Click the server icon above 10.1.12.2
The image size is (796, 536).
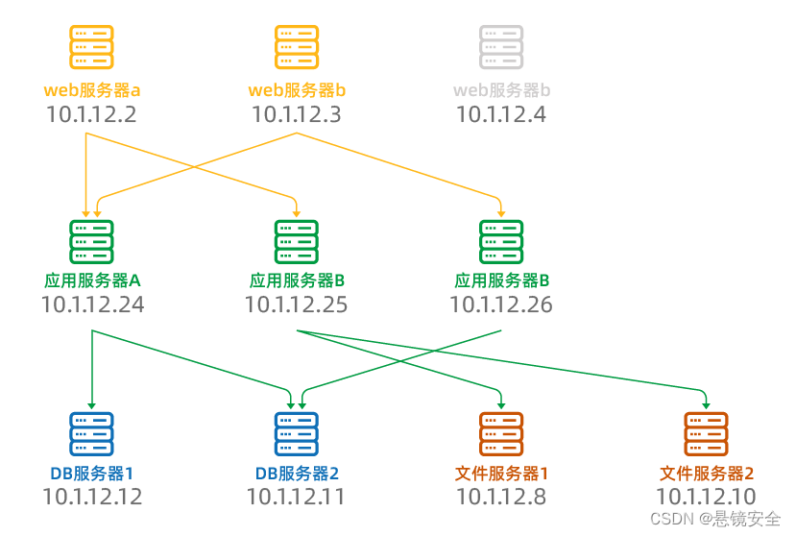91,47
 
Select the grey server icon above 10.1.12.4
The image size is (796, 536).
501,47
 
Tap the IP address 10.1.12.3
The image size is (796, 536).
296,114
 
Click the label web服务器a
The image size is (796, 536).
91,91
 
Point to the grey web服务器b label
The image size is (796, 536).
501,91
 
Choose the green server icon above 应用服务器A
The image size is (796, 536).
91,242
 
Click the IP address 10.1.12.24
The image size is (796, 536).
92,305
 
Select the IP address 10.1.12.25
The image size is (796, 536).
296,305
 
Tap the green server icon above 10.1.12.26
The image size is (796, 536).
501,242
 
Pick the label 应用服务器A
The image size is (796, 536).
92,281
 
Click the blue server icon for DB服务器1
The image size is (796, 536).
91,434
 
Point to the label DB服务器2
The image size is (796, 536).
296,474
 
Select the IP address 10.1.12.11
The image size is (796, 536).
296,497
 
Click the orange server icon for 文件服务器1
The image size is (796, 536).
501,434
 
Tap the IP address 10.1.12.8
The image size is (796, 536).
501,497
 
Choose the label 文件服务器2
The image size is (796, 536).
707,474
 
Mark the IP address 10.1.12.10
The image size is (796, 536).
707,497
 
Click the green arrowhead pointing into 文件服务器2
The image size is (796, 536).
706,400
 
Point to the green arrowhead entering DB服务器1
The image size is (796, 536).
91,404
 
